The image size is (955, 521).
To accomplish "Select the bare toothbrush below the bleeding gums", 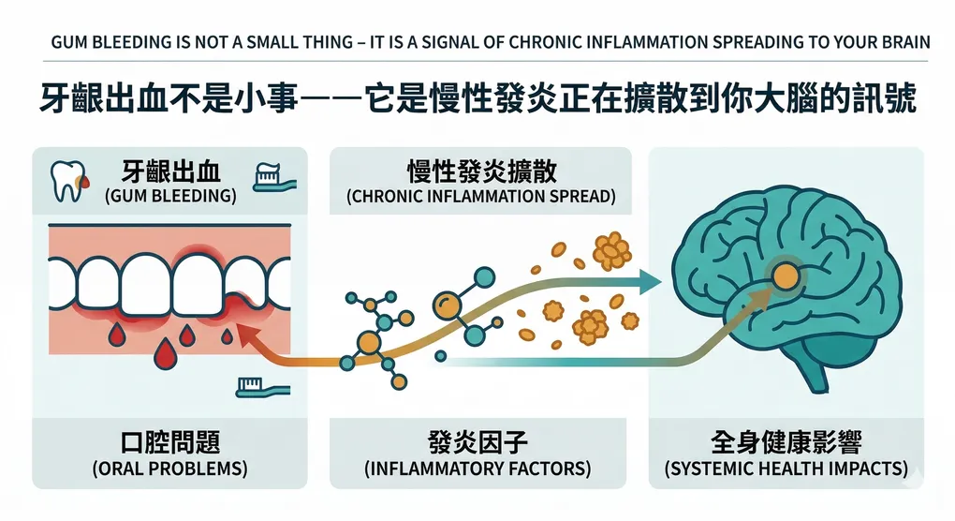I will [261, 385].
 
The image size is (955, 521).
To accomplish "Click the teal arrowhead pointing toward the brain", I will [652, 279].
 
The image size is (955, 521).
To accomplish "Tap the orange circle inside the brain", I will [785, 275].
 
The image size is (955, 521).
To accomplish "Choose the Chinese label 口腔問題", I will [169, 442].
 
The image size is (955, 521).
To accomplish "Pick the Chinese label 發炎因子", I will [480, 442].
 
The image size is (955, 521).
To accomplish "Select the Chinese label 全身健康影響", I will [786, 442].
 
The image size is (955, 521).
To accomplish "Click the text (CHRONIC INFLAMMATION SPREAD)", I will [480, 197].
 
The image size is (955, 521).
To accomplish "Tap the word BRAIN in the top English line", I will [907, 42].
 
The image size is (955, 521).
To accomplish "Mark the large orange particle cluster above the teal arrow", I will [611, 249].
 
